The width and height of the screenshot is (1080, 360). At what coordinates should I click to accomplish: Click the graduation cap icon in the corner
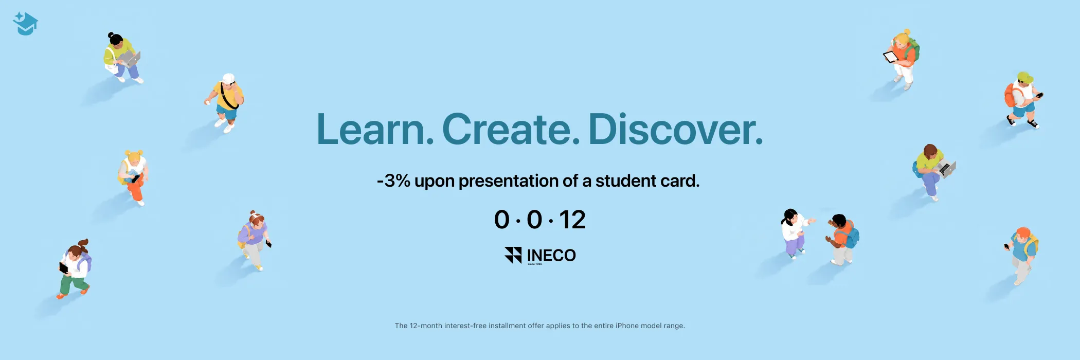point(25,24)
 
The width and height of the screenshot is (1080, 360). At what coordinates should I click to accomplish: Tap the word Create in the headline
point(511,129)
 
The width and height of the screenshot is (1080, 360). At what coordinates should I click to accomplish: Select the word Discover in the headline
point(675,129)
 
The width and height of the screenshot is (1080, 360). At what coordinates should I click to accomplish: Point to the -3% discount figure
point(393,181)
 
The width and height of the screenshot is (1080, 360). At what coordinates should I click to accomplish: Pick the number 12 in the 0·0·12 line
point(572,220)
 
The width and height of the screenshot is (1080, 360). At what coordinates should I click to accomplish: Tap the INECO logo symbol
point(513,255)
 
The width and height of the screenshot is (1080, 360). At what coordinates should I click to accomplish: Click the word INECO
point(551,255)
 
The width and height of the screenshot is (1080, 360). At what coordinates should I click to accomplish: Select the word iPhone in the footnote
point(627,326)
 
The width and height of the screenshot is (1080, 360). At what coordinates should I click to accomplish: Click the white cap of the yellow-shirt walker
point(228,79)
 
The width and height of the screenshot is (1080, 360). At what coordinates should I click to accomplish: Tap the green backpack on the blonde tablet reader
point(914,50)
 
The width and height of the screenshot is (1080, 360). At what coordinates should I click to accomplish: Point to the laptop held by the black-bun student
point(131,59)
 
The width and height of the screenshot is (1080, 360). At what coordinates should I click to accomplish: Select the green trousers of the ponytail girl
point(73,283)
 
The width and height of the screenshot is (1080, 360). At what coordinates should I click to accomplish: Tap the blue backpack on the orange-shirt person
point(852,237)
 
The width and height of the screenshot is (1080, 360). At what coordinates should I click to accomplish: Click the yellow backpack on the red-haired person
point(1031,245)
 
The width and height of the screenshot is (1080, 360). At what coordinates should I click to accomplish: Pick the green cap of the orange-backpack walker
point(1025,78)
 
